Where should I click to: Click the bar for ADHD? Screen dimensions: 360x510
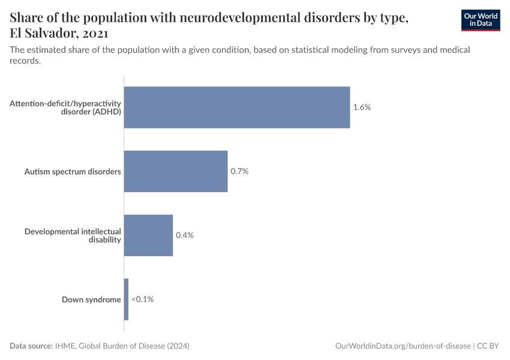[236, 107]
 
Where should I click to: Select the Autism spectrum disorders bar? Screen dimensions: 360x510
[175, 171]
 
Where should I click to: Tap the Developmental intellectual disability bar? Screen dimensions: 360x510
[148, 235]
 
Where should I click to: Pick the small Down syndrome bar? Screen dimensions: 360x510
[126, 299]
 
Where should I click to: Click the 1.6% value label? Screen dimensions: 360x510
[362, 107]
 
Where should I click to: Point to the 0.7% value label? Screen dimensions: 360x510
[239, 171]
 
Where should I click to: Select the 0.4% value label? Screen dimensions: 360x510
[185, 235]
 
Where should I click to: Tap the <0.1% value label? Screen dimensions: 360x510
[143, 299]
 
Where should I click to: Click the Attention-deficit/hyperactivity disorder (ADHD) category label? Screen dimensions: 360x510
[65, 107]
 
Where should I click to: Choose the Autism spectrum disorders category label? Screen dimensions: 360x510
[73, 172]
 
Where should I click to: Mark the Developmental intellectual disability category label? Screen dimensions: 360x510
[73, 235]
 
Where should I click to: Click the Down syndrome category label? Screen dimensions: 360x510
[91, 299]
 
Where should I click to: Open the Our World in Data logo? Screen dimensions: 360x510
[480, 20]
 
